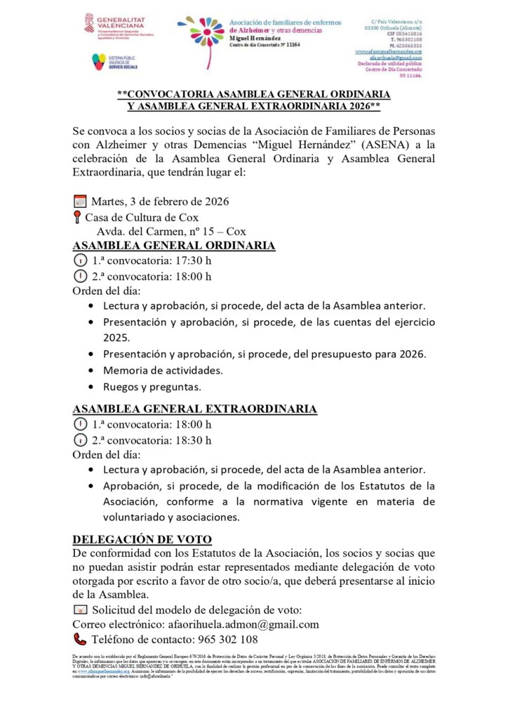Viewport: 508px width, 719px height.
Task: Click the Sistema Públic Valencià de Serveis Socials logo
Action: point(114,62)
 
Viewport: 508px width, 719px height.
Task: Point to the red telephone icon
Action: point(79,639)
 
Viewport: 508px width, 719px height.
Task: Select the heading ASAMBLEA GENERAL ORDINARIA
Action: point(174,246)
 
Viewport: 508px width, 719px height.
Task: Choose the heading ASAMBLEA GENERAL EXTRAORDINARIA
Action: point(195,409)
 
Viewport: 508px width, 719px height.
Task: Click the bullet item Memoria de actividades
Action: point(163,370)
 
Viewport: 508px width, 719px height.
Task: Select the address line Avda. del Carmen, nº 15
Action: point(171,231)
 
